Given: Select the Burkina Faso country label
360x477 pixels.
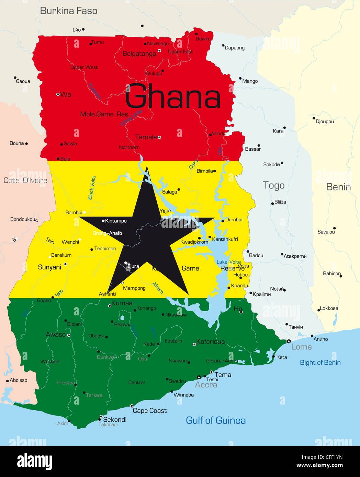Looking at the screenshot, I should click(69, 11).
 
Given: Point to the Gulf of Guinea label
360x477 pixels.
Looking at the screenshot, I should click(215, 420).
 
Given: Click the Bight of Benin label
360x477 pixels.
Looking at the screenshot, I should click(320, 363).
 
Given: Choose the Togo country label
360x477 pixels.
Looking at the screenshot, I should click(273, 186).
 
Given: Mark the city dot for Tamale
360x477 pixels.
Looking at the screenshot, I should click(159, 137).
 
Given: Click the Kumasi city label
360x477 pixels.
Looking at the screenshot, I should click(122, 303).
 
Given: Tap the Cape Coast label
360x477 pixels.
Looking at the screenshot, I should click(149, 411).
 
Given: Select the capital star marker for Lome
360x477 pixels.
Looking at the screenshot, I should click(289, 341).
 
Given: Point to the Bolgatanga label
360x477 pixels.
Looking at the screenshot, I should click(139, 54).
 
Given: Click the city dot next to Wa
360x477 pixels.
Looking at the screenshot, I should click(58, 94).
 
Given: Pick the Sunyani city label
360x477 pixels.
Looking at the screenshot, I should click(49, 267).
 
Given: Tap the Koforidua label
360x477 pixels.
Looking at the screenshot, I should click(210, 341).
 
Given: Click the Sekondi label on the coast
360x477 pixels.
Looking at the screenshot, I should click(115, 420).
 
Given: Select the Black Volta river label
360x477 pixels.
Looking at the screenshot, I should click(92, 188).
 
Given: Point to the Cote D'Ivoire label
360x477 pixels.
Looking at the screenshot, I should click(25, 181).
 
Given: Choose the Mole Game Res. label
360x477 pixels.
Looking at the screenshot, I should click(104, 114).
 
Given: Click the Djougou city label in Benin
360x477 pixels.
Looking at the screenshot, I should click(325, 121).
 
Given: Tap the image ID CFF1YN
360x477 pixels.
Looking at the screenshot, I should click(332, 457).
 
